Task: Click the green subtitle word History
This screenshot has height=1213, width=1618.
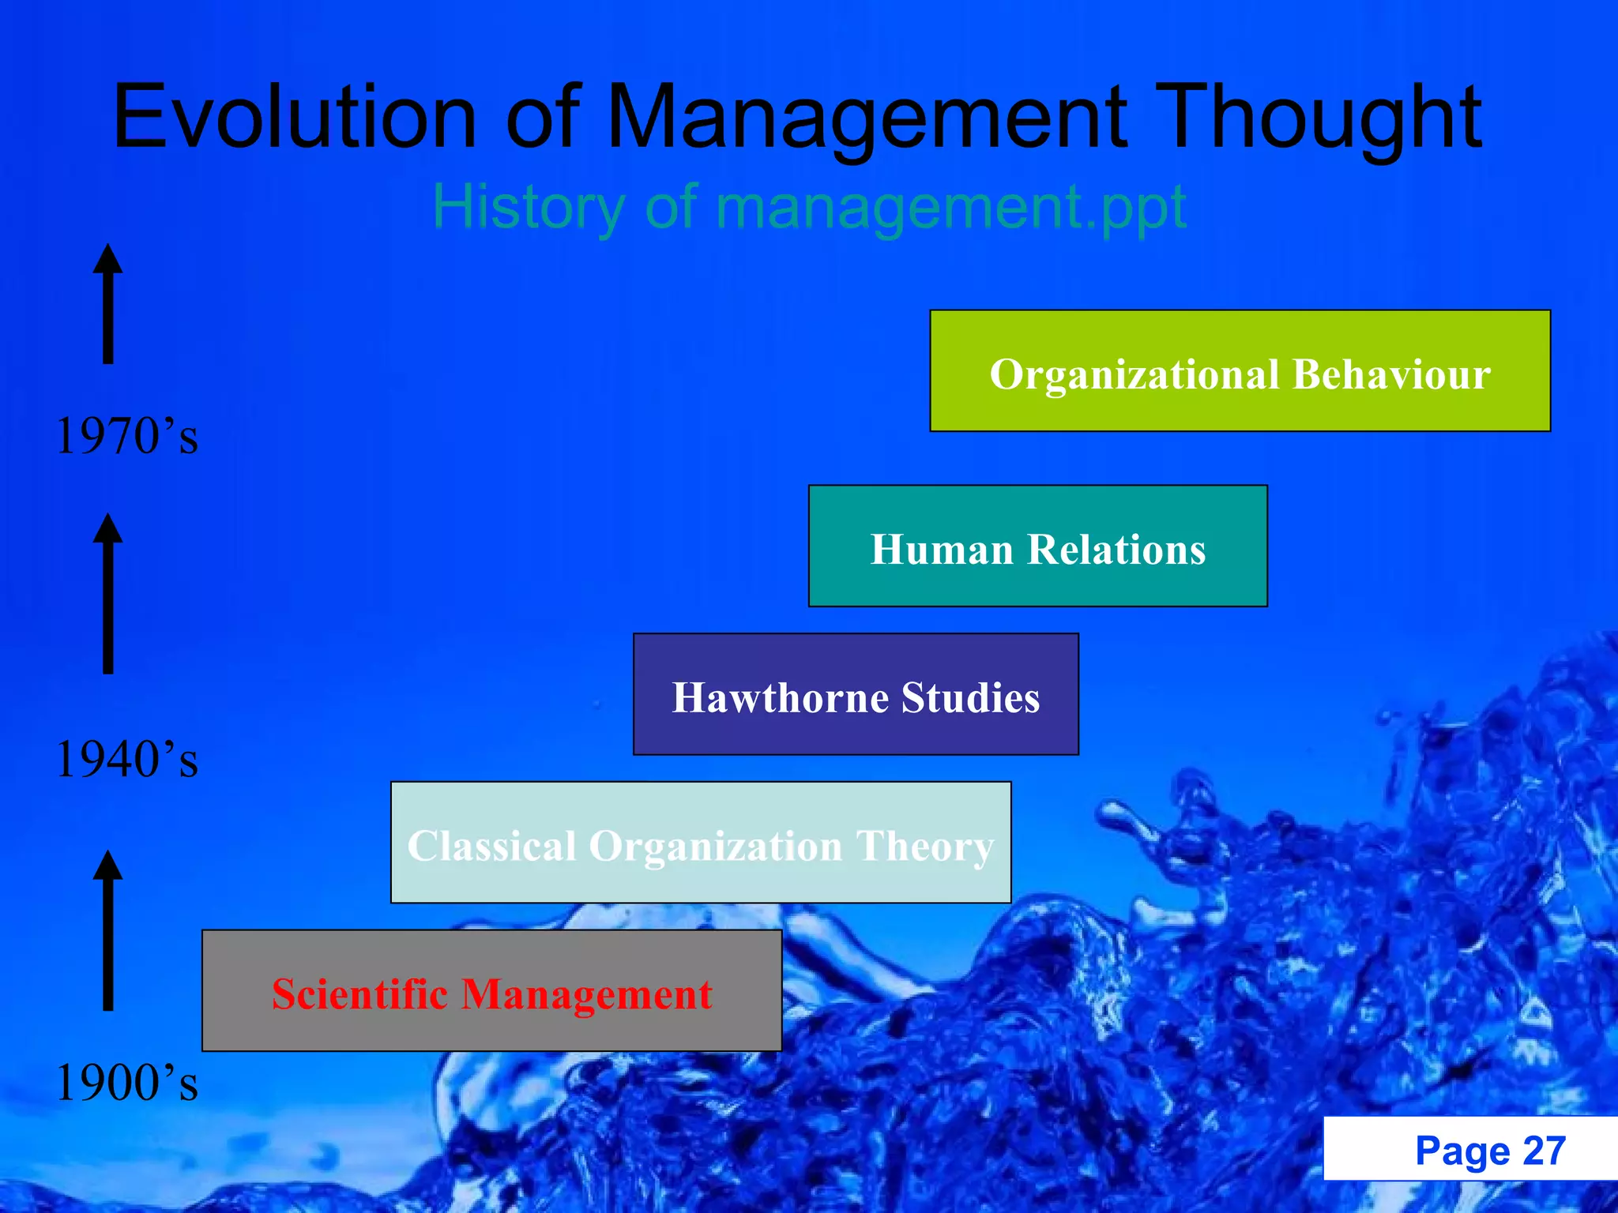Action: [528, 207]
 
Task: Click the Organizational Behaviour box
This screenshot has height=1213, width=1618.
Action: [1240, 371]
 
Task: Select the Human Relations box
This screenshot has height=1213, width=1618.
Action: [1037, 546]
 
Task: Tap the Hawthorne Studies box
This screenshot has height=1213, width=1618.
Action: [856, 695]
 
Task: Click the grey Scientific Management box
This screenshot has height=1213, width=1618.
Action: [491, 991]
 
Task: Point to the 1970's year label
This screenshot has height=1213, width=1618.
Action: [126, 436]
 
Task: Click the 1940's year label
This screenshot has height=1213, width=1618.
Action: [126, 760]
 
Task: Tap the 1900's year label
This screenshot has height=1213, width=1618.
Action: [126, 1083]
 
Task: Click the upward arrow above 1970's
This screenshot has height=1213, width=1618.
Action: [108, 304]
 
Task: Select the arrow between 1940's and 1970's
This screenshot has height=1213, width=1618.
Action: [108, 594]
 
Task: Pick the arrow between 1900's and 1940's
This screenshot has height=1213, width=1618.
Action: [108, 930]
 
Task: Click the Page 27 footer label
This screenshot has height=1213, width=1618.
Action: [1489, 1151]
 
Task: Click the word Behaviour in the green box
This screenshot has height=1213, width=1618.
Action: [1391, 374]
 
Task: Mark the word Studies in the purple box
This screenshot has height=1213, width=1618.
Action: [970, 697]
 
